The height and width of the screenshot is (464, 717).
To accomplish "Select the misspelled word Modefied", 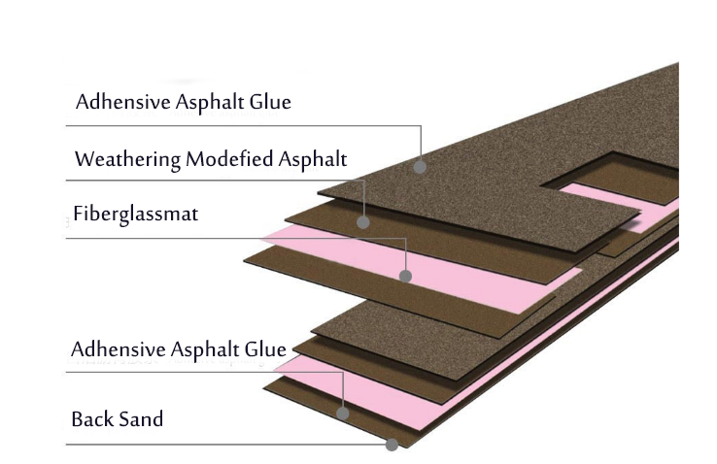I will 230,158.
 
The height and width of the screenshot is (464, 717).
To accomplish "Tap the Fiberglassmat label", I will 135,215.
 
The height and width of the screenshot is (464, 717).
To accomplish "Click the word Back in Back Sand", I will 92,420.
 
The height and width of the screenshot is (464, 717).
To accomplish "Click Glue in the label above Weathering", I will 270,101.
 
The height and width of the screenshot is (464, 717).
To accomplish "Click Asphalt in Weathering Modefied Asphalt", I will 314,158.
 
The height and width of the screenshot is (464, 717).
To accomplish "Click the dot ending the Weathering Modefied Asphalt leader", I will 363,222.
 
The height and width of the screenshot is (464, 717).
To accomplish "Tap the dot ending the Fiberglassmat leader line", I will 406,277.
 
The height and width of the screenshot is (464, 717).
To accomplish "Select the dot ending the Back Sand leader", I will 392,445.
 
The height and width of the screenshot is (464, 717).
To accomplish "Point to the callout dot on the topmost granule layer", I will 420,167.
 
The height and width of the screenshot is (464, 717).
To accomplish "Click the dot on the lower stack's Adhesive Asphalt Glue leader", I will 343,414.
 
